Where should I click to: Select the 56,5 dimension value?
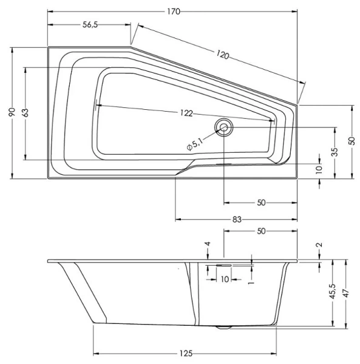point(90,24)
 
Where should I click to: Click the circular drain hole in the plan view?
point(224,127)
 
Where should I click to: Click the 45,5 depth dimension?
point(332,293)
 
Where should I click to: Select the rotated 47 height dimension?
point(346,293)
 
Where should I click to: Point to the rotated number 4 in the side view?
point(208,244)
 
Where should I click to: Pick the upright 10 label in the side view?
point(224,279)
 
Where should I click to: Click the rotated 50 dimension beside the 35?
point(352,141)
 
